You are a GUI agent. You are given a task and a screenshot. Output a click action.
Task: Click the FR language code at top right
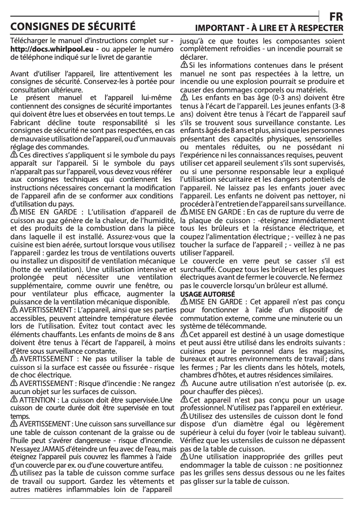[x=336, y=16]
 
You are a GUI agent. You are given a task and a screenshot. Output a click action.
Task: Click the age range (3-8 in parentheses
[x=335, y=106]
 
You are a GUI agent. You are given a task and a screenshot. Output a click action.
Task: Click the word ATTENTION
[x=35, y=400]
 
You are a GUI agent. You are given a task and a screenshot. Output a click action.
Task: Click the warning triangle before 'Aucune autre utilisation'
[x=184, y=384]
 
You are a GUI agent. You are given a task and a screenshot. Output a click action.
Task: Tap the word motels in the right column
[x=328, y=367]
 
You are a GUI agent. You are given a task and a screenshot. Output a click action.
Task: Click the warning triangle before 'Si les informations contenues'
[x=184, y=66]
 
